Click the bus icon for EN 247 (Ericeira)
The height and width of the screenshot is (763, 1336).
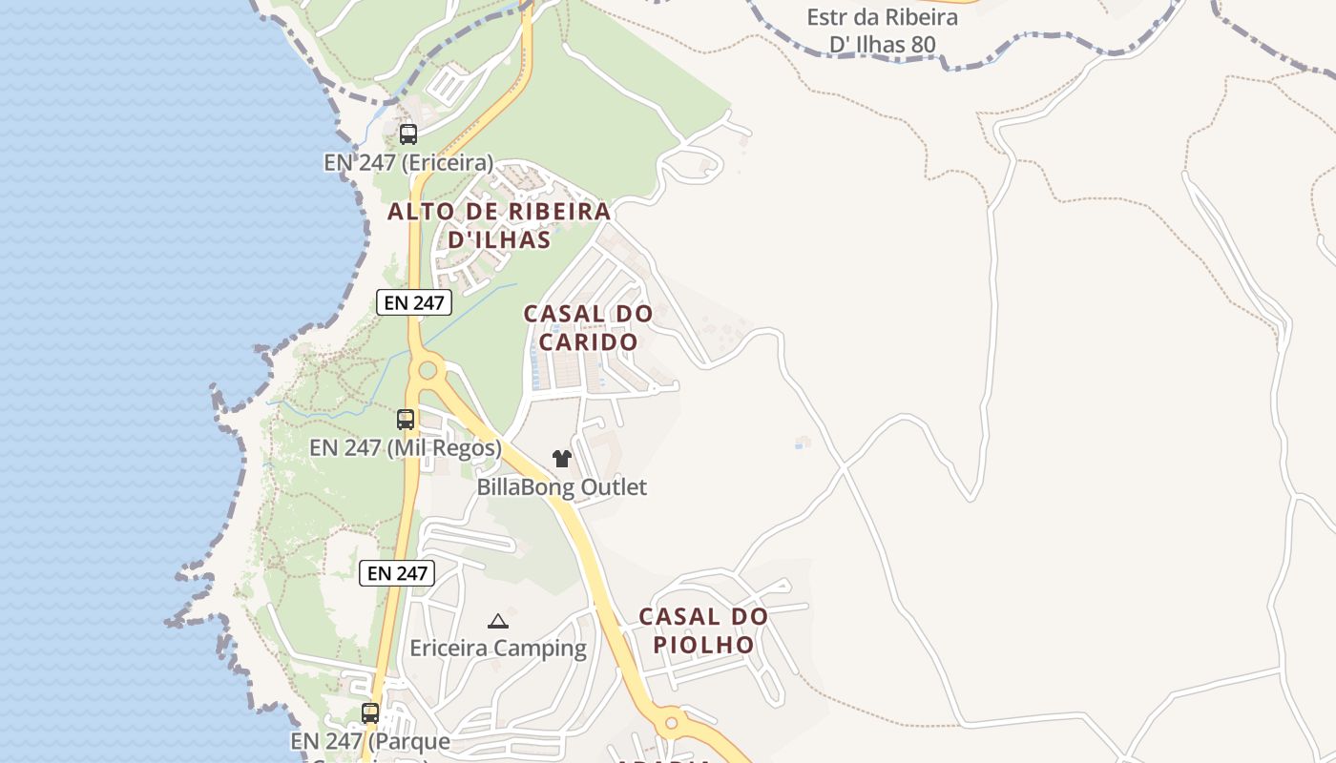[x=408, y=134]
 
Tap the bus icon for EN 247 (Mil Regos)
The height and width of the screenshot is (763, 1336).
[x=406, y=419]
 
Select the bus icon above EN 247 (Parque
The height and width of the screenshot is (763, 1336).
[x=370, y=712]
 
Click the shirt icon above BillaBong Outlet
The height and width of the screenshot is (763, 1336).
[x=562, y=459]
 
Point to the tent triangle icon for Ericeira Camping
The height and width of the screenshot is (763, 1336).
[x=498, y=622]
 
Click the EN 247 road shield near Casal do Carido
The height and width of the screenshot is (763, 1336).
[x=413, y=302]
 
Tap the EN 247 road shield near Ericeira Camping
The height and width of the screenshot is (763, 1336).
[x=397, y=573]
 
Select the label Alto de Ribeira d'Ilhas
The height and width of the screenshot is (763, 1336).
[x=499, y=225]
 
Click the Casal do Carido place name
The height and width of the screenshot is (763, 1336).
[x=589, y=327]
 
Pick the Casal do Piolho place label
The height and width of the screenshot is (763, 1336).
[x=703, y=630]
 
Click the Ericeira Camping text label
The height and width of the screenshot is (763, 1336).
[x=498, y=649]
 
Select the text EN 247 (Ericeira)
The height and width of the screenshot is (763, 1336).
[x=408, y=162]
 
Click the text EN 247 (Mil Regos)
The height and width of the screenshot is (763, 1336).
[x=406, y=447]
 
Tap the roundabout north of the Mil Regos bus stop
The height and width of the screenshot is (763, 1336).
[x=428, y=369]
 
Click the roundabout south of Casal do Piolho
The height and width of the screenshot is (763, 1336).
[x=671, y=722]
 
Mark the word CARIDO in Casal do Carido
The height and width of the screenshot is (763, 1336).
[x=589, y=341]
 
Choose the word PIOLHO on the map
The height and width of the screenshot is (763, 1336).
[x=703, y=645]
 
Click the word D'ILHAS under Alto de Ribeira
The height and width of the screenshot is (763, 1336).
[x=499, y=239]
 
